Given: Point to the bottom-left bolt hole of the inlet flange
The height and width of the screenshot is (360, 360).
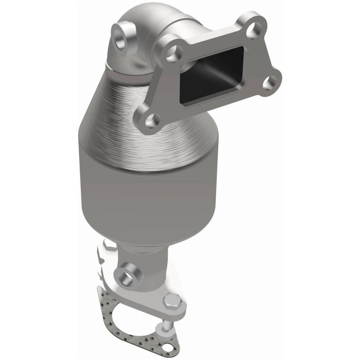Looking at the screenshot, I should pyautogui.click(x=153, y=120).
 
